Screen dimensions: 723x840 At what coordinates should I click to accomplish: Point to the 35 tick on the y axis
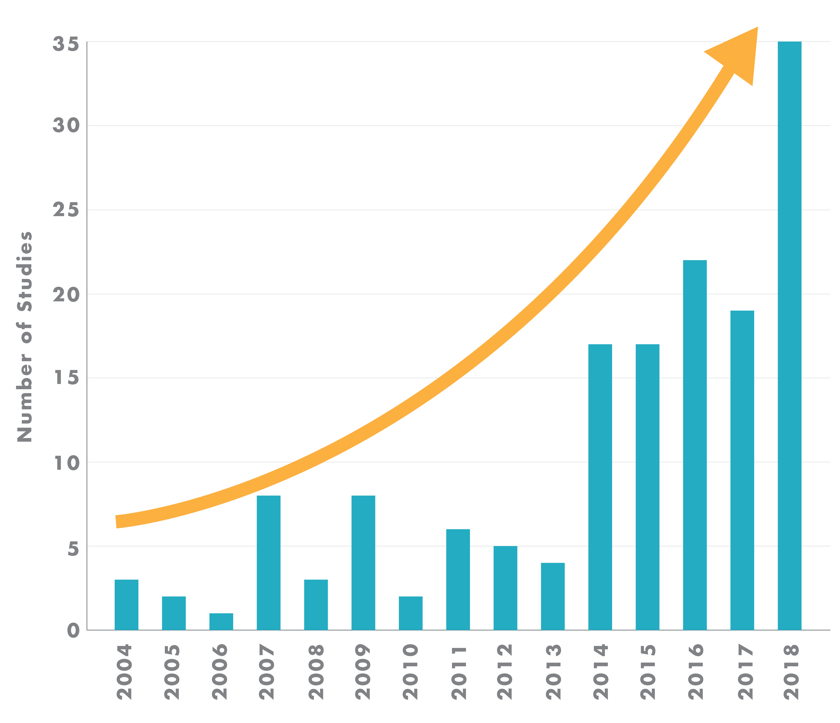click(66, 44)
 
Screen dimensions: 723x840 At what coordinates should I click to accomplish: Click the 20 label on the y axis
click(66, 295)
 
